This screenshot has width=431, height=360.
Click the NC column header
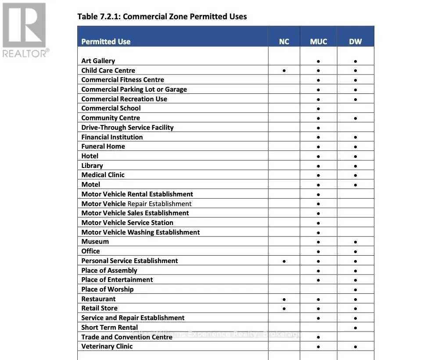pyautogui.click(x=284, y=42)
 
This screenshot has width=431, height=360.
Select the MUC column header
pyautogui.click(x=318, y=42)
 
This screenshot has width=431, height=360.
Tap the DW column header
pyautogui.click(x=355, y=42)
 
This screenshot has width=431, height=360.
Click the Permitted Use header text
pyautogui.click(x=106, y=42)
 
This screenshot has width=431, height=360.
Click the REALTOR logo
pyautogui.click(x=25, y=30)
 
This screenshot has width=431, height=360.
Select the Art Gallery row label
pyautogui.click(x=98, y=61)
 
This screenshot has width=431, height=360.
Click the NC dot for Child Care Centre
pyautogui.click(x=284, y=70)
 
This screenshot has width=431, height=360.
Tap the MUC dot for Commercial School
pyautogui.click(x=318, y=109)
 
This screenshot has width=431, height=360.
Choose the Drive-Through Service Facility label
pyautogui.click(x=127, y=128)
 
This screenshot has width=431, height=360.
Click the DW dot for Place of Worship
pyautogui.click(x=355, y=290)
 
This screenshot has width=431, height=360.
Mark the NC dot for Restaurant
pyautogui.click(x=284, y=299)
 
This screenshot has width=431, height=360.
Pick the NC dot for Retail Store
pyautogui.click(x=284, y=309)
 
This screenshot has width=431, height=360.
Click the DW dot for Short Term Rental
pyautogui.click(x=355, y=328)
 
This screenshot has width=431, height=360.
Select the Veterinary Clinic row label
pyautogui.click(x=107, y=346)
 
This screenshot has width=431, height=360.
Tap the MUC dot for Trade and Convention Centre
pyautogui.click(x=318, y=337)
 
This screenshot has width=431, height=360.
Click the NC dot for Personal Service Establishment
pyautogui.click(x=284, y=261)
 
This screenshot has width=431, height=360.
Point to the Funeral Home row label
pyautogui.click(x=103, y=146)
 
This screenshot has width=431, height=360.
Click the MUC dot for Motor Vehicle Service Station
pyautogui.click(x=318, y=223)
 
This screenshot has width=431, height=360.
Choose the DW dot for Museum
pyautogui.click(x=355, y=242)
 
